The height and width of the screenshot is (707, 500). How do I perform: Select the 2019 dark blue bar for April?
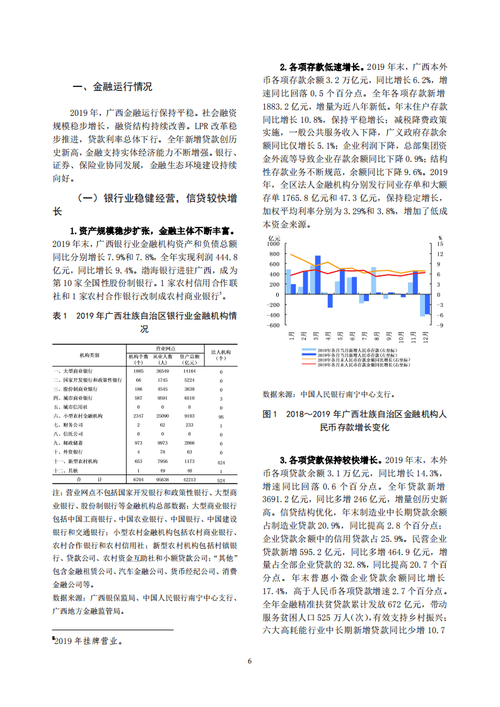click(330, 301)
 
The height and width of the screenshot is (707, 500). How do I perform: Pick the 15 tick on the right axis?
click(440, 244)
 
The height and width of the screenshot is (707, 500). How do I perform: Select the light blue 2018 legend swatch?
click(310, 349)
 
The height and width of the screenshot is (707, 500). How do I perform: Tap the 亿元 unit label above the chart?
click(274, 238)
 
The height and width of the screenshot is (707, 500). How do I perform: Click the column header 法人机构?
click(220, 351)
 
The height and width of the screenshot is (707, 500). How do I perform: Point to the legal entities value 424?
click(220, 461)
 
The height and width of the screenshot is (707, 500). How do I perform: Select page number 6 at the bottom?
click(250, 661)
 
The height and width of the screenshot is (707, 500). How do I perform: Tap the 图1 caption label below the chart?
click(269, 414)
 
